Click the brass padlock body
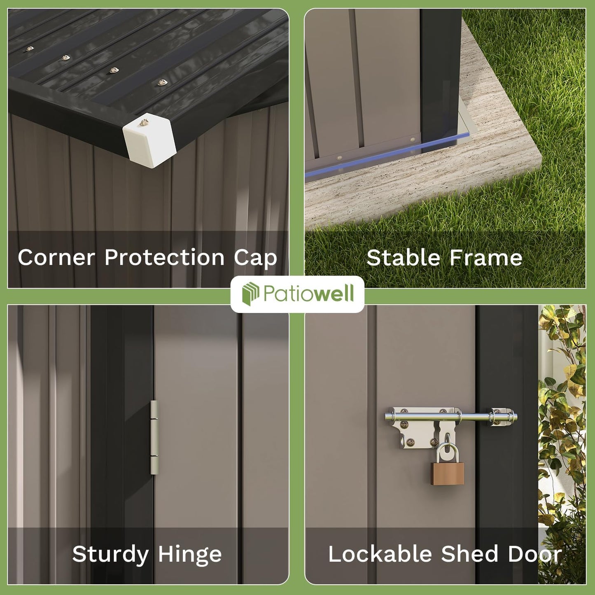point(448,473)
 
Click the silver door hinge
point(154,437)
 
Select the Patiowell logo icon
point(250,294)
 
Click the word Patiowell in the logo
point(308,294)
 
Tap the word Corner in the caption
point(56,258)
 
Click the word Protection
point(164,258)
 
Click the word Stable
point(403,258)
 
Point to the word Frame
point(486,258)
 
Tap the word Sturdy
point(110,554)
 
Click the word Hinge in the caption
point(190,555)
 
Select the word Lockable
point(379,554)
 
